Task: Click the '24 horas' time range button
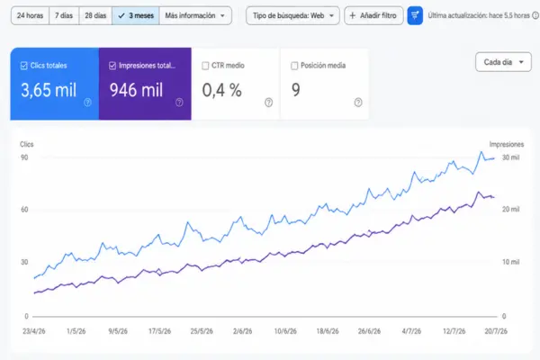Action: point(30,15)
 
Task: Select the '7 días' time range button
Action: point(64,15)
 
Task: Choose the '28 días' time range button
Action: point(95,15)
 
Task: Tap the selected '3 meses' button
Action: point(136,15)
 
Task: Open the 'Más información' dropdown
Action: point(195,15)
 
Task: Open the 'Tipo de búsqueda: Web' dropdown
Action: point(292,15)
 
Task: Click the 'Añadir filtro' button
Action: point(373,15)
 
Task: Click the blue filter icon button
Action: point(415,15)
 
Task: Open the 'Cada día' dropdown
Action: point(503,62)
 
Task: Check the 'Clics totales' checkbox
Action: point(23,66)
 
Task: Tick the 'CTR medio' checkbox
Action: point(205,66)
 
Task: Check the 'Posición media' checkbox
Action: point(294,66)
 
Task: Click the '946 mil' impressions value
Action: point(137,90)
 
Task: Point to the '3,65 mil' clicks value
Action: point(49,90)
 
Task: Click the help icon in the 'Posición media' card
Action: point(358,103)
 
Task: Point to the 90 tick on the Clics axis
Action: point(24,157)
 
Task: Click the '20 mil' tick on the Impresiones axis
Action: point(510,209)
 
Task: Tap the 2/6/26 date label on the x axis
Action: point(242,331)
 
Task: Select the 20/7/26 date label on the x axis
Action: point(496,331)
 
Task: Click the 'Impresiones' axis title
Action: point(507,144)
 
